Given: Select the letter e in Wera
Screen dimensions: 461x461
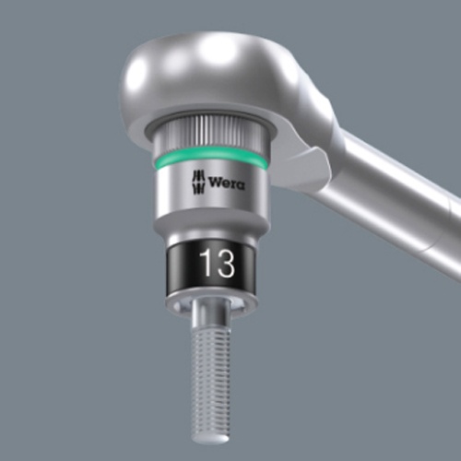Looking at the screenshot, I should coord(224,183).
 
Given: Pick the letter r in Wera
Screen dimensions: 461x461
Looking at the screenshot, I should coord(231,183).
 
